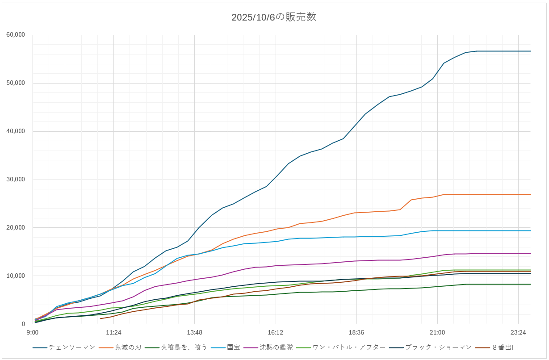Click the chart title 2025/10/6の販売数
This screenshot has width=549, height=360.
pyautogui.click(x=274, y=17)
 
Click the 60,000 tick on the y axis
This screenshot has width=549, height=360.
pyautogui.click(x=16, y=35)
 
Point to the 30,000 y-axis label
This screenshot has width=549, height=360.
pyautogui.click(x=16, y=180)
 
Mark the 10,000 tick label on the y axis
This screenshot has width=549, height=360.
pyautogui.click(x=16, y=276)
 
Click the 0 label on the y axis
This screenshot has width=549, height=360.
pyautogui.click(x=23, y=324)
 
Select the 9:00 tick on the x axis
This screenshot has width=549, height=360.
pyautogui.click(x=32, y=333)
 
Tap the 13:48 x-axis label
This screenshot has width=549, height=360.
pyautogui.click(x=194, y=333)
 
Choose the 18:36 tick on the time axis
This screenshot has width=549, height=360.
pyautogui.click(x=356, y=333)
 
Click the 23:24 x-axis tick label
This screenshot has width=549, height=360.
pyautogui.click(x=518, y=333)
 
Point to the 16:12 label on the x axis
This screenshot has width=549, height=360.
pyautogui.click(x=275, y=333)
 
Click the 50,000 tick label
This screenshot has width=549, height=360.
pyautogui.click(x=16, y=83)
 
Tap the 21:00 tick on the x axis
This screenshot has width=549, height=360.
pyautogui.click(x=437, y=333)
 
